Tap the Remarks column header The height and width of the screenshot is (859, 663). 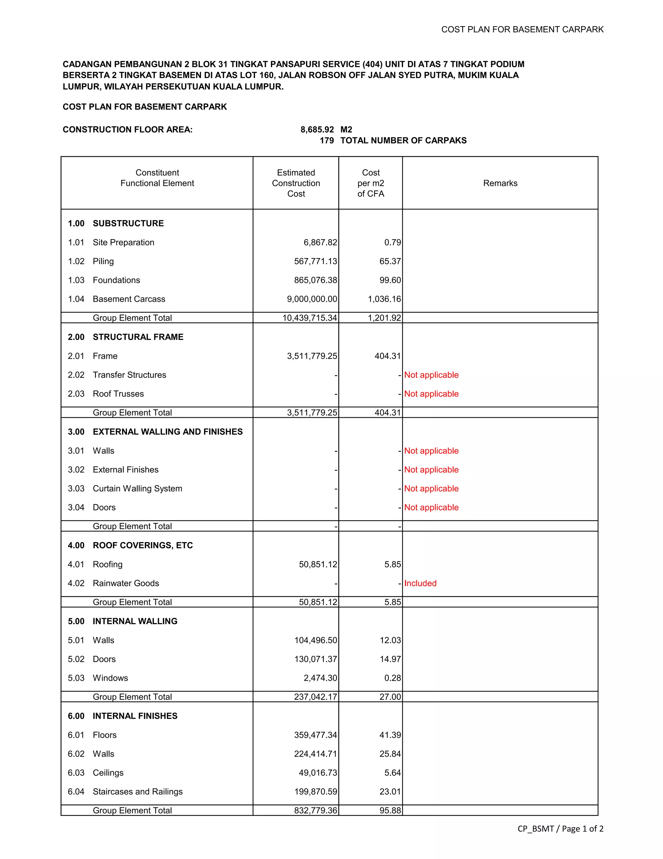(500, 183)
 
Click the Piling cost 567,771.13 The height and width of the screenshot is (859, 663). (315, 261)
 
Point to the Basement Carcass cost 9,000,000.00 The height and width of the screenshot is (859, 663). (312, 299)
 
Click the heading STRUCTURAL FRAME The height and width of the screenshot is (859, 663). (138, 337)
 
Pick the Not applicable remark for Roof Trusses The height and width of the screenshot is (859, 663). (431, 394)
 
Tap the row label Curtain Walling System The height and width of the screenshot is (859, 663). (137, 489)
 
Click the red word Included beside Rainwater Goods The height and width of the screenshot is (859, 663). (420, 583)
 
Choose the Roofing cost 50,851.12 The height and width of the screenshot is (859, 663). (318, 564)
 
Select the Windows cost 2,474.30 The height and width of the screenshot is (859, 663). (320, 678)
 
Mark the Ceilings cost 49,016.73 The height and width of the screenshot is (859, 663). (318, 773)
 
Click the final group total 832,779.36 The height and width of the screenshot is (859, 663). (315, 811)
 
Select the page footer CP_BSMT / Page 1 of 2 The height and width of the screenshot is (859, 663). (560, 829)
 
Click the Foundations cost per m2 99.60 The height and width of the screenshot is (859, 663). (390, 280)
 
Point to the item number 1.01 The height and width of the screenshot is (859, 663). (76, 242)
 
